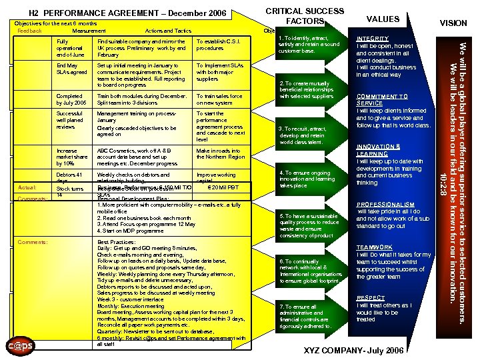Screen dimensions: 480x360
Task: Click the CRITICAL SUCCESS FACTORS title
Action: (x=305, y=16)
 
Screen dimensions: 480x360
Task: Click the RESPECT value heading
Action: (x=370, y=298)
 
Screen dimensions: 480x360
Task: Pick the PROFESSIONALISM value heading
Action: (x=386, y=205)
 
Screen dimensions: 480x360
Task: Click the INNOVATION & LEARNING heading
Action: (x=378, y=150)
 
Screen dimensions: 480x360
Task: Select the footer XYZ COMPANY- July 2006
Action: (x=353, y=351)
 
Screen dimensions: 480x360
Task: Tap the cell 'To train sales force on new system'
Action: (x=219, y=99)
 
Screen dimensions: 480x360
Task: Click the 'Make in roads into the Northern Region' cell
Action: (x=221, y=154)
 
